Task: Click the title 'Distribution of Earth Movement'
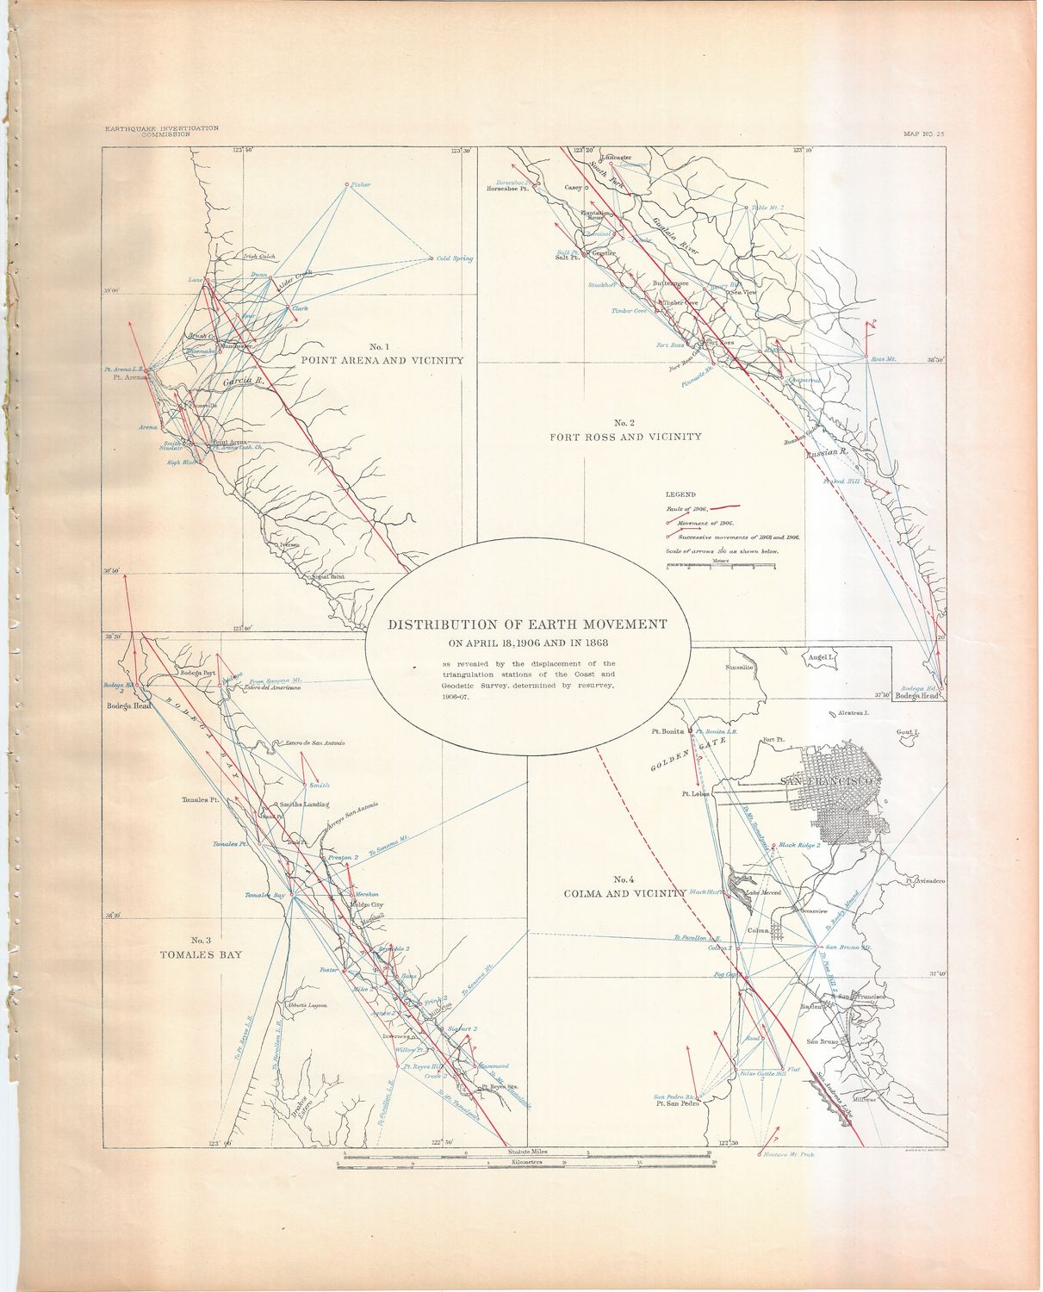527,624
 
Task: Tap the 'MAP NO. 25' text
923,134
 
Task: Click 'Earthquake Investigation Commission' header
161,131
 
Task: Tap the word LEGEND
680,494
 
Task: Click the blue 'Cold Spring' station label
454,258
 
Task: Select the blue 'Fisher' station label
360,184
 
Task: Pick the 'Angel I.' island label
823,656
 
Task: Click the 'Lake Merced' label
764,893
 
